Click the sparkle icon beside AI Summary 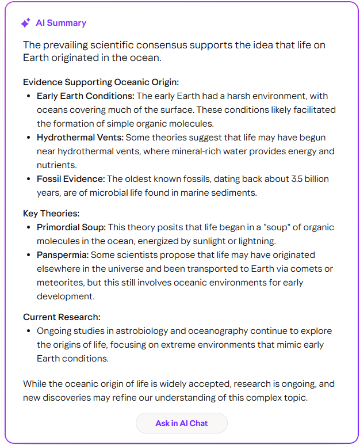tap(25, 23)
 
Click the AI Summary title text tap(61, 23)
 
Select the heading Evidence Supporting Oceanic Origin tap(101, 82)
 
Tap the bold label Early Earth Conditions tap(85, 96)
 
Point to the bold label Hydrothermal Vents tap(81, 138)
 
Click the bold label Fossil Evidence tap(71, 179)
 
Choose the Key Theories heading tap(51, 213)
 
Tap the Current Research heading tap(62, 317)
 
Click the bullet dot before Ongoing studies tap(29, 331)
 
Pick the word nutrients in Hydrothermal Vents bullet tap(56, 165)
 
